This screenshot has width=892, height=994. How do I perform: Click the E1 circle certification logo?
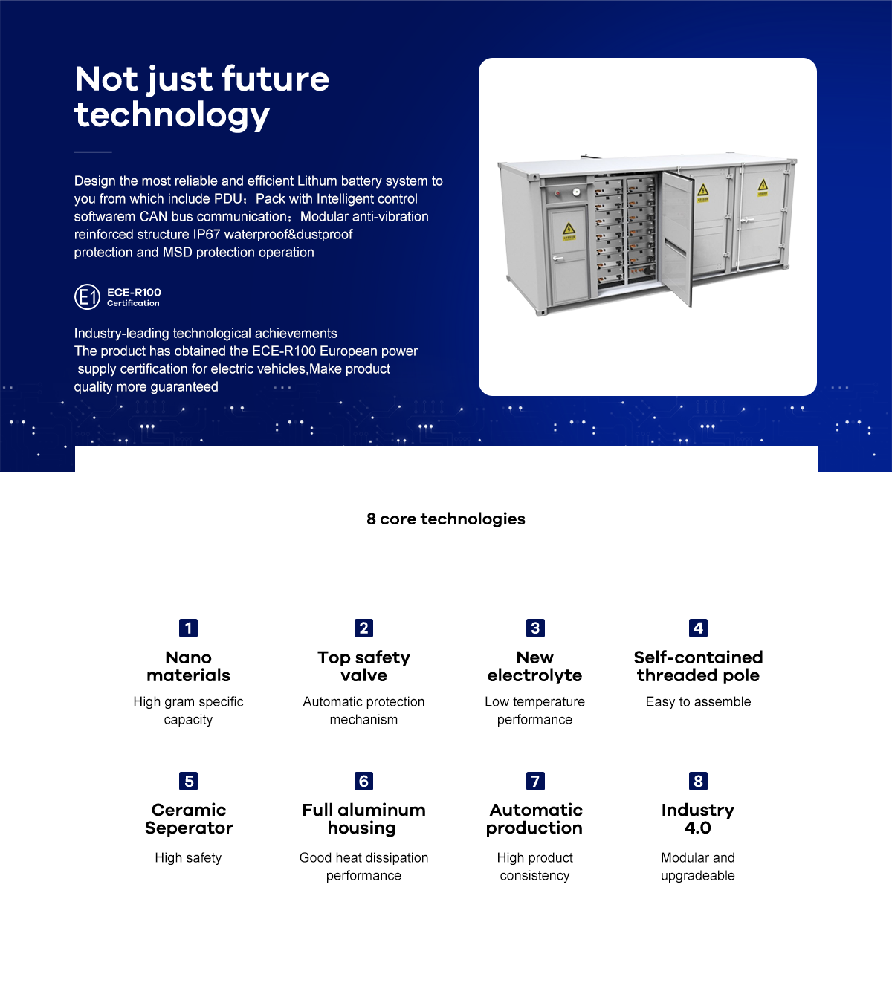88,297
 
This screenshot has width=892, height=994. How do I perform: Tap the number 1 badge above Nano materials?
189,628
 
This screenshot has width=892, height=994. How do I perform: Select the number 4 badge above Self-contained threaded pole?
698,628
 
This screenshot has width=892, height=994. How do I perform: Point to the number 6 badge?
363,781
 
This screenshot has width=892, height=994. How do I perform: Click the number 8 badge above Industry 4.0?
698,781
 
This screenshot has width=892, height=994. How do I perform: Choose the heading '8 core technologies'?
446,519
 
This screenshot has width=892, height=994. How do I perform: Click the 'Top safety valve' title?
363,666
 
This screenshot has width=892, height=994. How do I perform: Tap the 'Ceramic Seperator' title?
189,819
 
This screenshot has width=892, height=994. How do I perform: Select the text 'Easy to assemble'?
698,701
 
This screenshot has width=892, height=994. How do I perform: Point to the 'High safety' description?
189,857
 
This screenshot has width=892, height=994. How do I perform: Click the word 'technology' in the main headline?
172,115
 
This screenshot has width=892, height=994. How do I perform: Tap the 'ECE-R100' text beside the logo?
134,293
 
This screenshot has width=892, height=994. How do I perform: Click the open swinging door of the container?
676,238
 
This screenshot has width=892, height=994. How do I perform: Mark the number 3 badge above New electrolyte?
535,628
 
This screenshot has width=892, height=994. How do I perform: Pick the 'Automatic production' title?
535,819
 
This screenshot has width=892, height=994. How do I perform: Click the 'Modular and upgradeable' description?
697,866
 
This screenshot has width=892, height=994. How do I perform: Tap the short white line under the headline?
93,152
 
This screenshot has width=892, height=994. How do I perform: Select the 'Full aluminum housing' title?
363,819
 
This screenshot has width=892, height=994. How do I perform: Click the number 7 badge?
535,781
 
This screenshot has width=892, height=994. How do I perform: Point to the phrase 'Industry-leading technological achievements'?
206,333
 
